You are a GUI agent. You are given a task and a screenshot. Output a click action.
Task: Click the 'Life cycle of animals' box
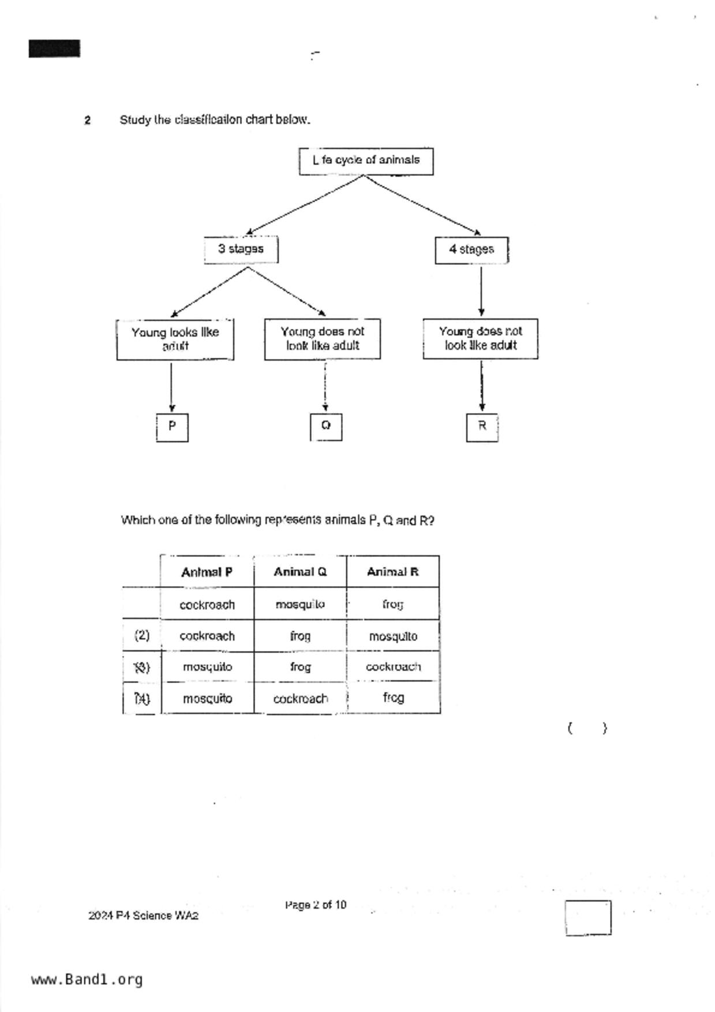click(366, 161)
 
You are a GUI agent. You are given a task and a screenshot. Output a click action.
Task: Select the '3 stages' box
click(241, 249)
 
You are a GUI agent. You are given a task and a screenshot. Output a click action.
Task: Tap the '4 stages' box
click(471, 250)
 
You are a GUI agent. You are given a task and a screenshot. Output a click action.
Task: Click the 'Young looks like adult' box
click(175, 339)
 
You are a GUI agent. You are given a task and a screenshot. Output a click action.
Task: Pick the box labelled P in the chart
click(172, 427)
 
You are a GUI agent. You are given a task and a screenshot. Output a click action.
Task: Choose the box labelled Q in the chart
click(326, 426)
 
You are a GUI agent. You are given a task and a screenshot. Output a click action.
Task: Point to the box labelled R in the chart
click(482, 427)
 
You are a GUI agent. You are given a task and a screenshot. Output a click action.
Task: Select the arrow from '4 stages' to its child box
click(481, 291)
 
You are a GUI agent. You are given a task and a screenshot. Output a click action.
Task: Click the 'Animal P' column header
click(207, 572)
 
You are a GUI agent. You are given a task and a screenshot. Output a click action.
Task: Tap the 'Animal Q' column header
click(300, 572)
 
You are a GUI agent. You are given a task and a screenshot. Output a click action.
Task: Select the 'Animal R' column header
click(393, 572)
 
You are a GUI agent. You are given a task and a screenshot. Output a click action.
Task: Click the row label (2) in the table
click(142, 636)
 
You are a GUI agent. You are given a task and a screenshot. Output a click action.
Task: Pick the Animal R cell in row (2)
click(393, 636)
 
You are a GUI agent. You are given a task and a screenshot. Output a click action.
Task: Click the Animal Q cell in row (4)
click(300, 698)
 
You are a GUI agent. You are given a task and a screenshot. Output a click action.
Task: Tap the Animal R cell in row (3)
click(393, 667)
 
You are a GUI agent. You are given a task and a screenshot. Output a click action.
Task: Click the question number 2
click(87, 121)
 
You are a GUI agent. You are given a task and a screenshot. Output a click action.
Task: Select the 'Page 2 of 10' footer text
click(315, 905)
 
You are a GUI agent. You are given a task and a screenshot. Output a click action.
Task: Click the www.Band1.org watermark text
click(87, 980)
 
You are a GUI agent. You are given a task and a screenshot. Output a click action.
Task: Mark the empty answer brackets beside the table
click(587, 728)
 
